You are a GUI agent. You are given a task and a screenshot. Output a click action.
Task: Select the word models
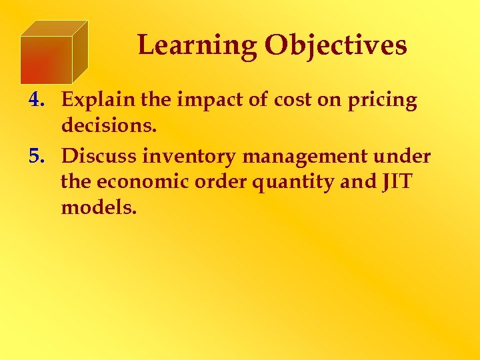pos(99,207)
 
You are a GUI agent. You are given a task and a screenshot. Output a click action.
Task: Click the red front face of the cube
pos(45,60)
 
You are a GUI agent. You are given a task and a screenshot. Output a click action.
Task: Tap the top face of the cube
pos(55,28)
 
